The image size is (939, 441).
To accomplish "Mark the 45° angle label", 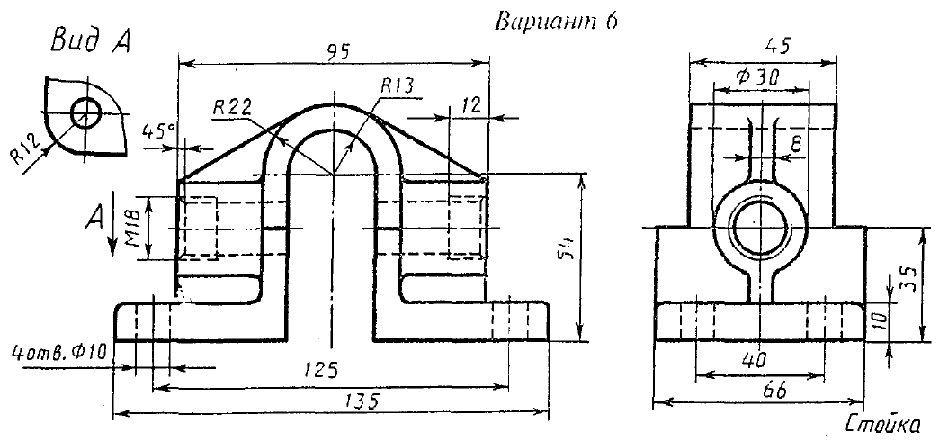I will (x=158, y=131).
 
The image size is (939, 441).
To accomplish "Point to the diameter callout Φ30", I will (x=757, y=78).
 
